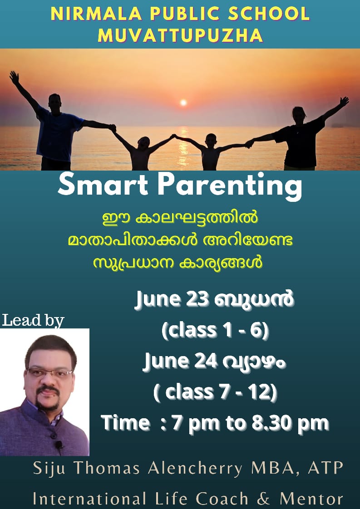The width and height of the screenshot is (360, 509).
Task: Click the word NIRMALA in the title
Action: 96,14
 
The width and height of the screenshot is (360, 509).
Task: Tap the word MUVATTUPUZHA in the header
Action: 180,35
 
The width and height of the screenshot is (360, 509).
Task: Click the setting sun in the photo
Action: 183,103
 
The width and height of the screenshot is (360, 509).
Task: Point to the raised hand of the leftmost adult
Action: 14,77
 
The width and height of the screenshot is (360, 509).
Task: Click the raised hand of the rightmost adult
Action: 344,101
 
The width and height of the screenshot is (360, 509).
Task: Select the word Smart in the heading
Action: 103,184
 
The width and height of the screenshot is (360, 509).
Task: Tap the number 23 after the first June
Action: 197,299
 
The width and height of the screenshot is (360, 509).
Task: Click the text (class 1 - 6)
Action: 216,330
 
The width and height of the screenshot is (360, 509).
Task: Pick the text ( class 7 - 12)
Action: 216,392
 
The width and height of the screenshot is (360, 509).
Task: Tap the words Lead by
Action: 33,320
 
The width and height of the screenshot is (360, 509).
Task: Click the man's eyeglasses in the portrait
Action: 50,372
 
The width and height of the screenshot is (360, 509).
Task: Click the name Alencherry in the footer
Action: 195,469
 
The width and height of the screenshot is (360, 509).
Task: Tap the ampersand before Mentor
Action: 264,499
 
